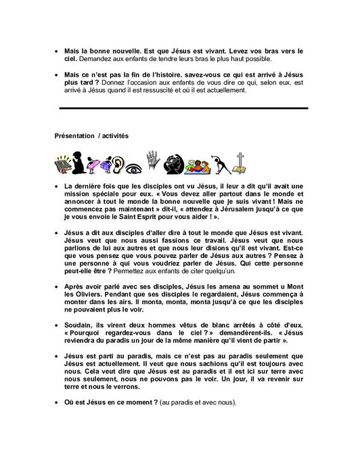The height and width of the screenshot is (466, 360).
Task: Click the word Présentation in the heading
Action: pyautogui.click(x=74, y=135)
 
